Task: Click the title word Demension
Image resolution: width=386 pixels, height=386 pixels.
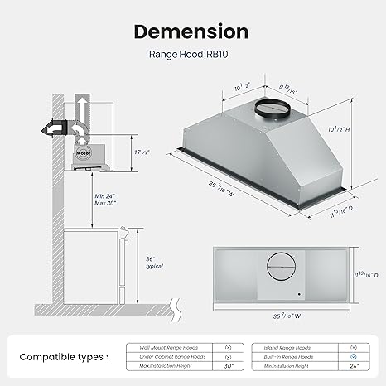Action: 191,31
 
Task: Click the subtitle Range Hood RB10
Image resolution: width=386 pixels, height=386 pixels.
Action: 191,59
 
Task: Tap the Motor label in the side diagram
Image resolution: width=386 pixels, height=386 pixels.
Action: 82,152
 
